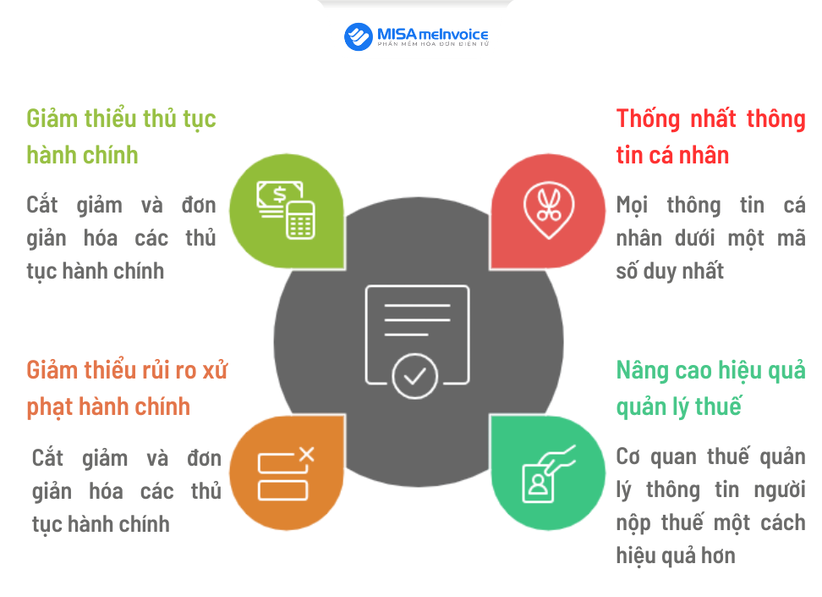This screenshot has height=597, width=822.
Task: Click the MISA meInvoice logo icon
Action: point(359,36)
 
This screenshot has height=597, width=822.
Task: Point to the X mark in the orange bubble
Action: point(306,455)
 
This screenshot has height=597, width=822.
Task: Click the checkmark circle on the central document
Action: point(414,376)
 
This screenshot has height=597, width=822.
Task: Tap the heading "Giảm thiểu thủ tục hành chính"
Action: point(121,136)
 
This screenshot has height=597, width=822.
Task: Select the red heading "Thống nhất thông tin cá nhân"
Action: point(710,136)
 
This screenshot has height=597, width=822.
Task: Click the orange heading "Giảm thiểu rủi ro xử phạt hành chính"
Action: point(127,388)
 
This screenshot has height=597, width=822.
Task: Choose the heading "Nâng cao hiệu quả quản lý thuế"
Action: point(710,388)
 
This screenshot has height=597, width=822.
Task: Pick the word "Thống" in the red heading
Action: point(649,119)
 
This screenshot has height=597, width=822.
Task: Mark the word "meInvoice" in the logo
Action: point(454,34)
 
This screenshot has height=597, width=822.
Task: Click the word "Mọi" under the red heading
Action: point(633,205)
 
